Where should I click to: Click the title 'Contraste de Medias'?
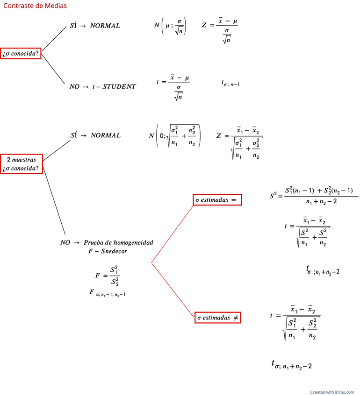[x=35, y=6]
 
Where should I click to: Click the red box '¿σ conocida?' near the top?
[x=21, y=54]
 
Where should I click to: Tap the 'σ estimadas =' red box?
[x=217, y=199]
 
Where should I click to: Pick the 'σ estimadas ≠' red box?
[x=217, y=318]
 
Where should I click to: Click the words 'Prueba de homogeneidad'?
[x=118, y=243]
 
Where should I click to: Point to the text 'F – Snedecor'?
[x=108, y=251]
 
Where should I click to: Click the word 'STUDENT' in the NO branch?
[x=119, y=86]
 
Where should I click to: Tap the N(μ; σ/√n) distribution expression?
[x=170, y=26]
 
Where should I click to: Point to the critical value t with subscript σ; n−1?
[x=230, y=83]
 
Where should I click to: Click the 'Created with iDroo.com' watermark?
[x=332, y=392]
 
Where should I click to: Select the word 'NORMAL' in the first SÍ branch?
[x=105, y=25]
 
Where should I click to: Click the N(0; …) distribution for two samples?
[x=175, y=136]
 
